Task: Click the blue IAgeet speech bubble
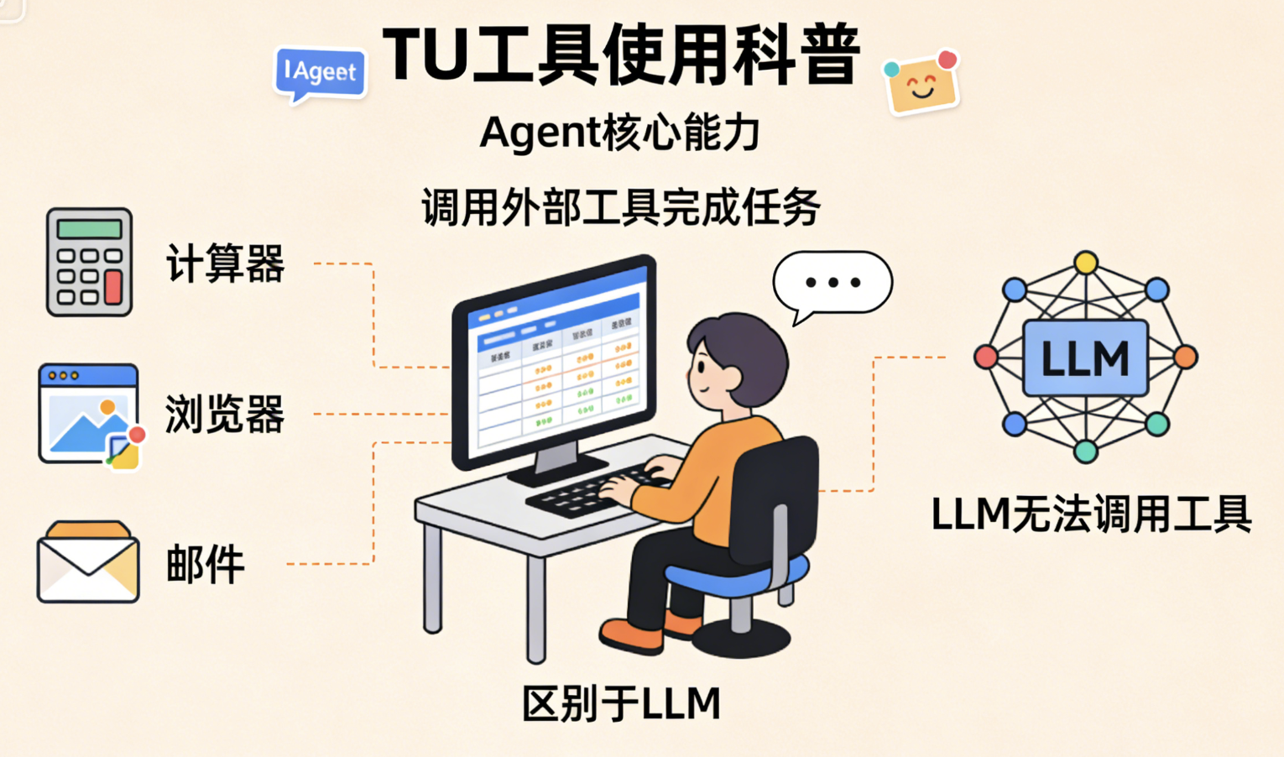[x=321, y=72]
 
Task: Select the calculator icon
[x=89, y=262]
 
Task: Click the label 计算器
[x=225, y=264]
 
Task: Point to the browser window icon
[x=88, y=413]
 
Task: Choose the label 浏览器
[x=225, y=414]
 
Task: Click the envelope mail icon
[x=88, y=562]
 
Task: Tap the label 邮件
[x=206, y=564]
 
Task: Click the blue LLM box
[x=1085, y=358]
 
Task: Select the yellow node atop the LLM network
[x=1086, y=263]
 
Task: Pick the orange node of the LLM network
[x=1185, y=358]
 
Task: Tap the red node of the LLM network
[x=986, y=358]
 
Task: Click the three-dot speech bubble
[x=833, y=283]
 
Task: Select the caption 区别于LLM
[x=621, y=703]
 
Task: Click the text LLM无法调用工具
[x=1091, y=514]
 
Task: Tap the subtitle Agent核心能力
[x=619, y=133]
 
